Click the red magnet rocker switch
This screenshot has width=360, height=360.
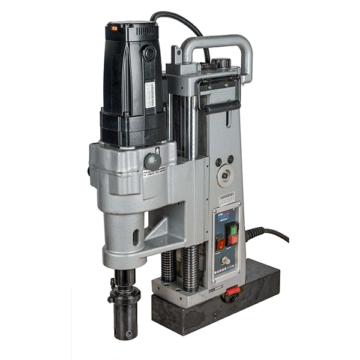click(220, 244)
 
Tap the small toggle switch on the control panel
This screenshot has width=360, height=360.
click(226, 262)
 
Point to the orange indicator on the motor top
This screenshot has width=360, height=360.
click(113, 27)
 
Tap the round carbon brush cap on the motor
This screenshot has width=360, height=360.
click(148, 53)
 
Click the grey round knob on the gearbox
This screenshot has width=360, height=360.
click(152, 161)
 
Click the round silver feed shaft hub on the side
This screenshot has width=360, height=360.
click(227, 175)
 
